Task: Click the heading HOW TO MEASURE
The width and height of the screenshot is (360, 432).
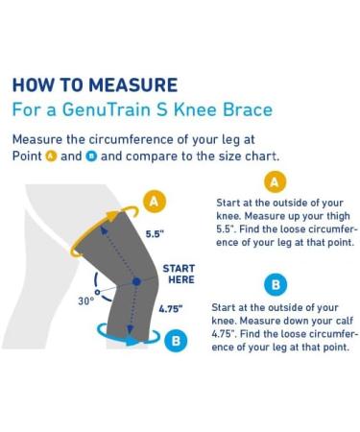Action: pyautogui.click(x=94, y=85)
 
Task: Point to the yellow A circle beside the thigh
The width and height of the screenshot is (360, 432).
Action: pyautogui.click(x=153, y=201)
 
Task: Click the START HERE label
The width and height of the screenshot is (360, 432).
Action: pyautogui.click(x=179, y=274)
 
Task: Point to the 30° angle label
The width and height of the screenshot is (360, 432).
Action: pyautogui.click(x=85, y=300)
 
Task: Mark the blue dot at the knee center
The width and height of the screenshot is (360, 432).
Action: pyautogui.click(x=136, y=281)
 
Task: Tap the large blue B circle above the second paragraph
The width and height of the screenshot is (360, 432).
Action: pyautogui.click(x=276, y=285)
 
